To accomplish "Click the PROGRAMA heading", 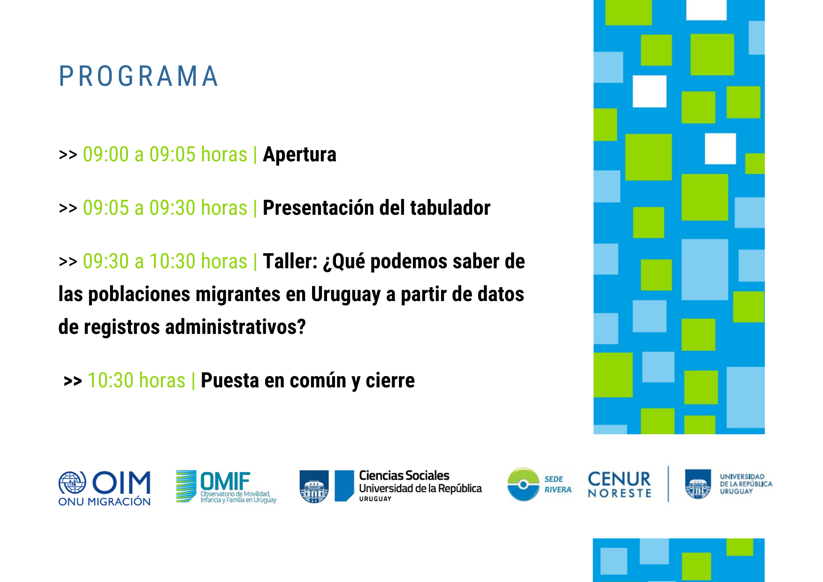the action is tap(138, 76).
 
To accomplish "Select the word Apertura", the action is tap(299, 155).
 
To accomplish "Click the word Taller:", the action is tap(290, 261).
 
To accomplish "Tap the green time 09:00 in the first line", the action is tap(106, 155).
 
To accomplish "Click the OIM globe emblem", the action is tap(72, 483).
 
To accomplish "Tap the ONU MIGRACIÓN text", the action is tap(104, 502).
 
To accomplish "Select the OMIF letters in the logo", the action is tap(225, 481).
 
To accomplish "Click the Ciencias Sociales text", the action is tap(404, 476).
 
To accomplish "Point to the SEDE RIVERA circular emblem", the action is tap(523, 484).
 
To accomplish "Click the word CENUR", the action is tap(619, 479).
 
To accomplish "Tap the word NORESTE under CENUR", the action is tap(619, 493).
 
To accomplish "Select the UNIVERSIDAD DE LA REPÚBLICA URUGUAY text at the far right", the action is tap(746, 484).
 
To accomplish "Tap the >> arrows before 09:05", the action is tap(68, 208).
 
